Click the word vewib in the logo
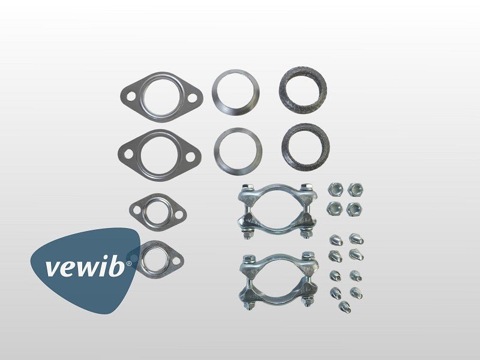point(85,266)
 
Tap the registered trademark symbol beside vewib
point(129,263)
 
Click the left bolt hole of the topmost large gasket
point(131,96)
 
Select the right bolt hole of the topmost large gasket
point(192,98)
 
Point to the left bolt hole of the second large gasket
point(128,154)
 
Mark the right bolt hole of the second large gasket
point(190,157)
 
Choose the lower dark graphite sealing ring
point(305,148)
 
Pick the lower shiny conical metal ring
point(238,151)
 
